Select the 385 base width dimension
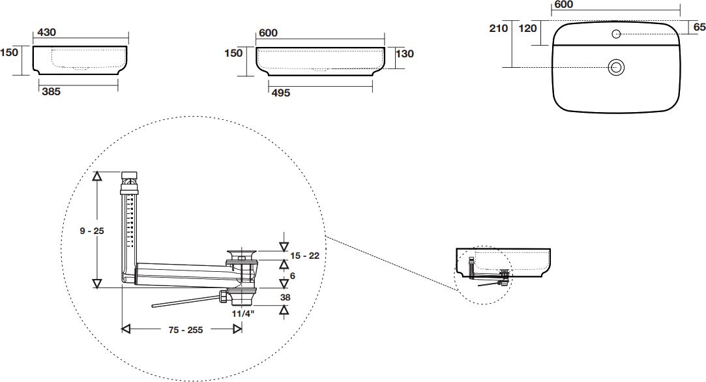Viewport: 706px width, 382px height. point(51,93)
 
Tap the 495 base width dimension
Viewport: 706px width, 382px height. point(280,93)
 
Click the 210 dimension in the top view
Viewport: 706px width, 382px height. point(498,29)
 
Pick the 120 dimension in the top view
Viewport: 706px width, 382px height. point(527,29)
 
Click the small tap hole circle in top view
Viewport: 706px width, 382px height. point(616,34)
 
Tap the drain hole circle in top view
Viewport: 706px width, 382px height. point(616,66)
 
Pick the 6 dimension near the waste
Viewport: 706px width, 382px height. point(293,276)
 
